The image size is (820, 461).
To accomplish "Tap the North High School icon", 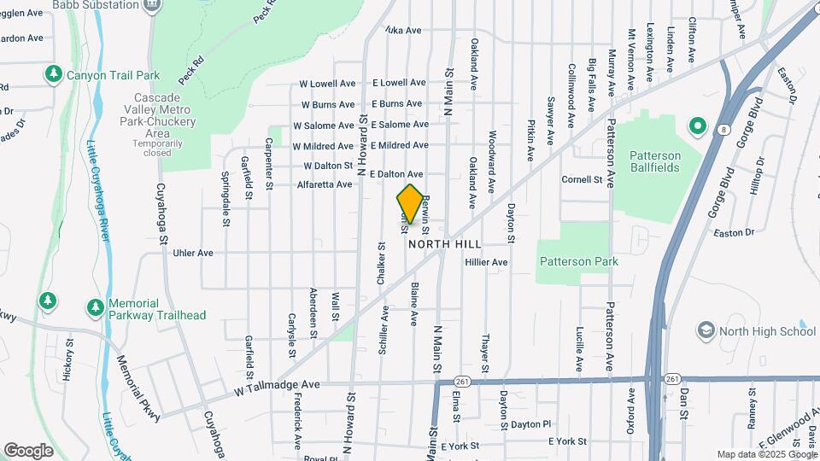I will (x=706, y=330).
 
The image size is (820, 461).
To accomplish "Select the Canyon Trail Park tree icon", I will (x=54, y=75).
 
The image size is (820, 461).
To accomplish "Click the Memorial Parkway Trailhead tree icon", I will (x=95, y=306).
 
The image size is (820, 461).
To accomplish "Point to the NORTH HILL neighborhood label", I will (x=439, y=243).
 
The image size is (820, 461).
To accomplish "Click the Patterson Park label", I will (x=578, y=262).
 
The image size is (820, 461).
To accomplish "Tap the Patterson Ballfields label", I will (x=655, y=161).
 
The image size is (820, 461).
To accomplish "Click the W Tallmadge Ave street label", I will (x=277, y=385).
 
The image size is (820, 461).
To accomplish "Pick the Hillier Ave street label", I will (x=486, y=262).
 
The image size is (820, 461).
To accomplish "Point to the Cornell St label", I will (x=582, y=180).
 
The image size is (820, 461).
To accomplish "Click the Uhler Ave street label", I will (x=192, y=253).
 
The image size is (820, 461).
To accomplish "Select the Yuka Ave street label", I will (x=403, y=31).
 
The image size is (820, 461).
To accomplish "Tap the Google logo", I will (x=29, y=450).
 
